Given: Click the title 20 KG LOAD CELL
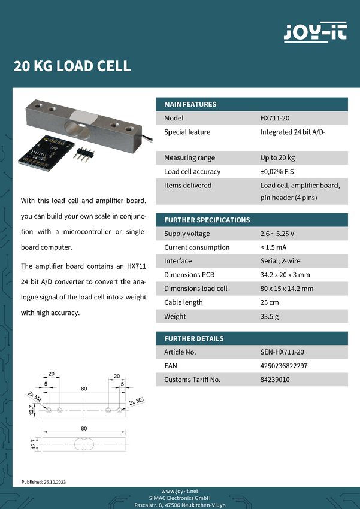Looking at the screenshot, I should (72, 66).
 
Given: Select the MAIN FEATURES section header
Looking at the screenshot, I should (190, 104).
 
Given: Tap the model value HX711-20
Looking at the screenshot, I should (275, 119).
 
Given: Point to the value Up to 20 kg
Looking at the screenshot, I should (277, 158).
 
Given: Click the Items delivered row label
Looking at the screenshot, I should (187, 186).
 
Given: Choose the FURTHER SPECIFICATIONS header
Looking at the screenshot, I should (207, 220).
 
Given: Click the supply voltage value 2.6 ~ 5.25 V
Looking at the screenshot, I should (277, 234).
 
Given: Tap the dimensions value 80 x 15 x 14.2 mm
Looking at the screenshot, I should (287, 289).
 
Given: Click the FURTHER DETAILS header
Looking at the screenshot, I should (193, 338).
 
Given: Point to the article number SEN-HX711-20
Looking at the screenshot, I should (282, 352).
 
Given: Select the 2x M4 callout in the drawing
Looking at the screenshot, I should (34, 396).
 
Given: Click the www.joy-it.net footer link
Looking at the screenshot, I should (180, 491).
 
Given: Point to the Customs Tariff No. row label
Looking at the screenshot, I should (192, 380).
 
